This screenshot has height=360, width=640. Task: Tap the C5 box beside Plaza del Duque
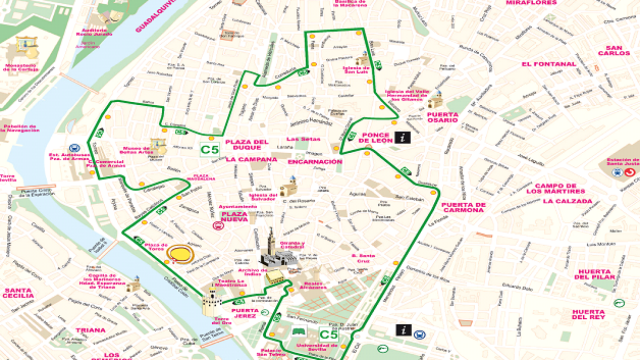[209, 150]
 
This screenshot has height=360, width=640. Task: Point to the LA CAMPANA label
[251, 159]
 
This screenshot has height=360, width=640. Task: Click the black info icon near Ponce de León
[402, 137]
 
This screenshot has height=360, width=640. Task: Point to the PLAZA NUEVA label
[235, 218]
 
